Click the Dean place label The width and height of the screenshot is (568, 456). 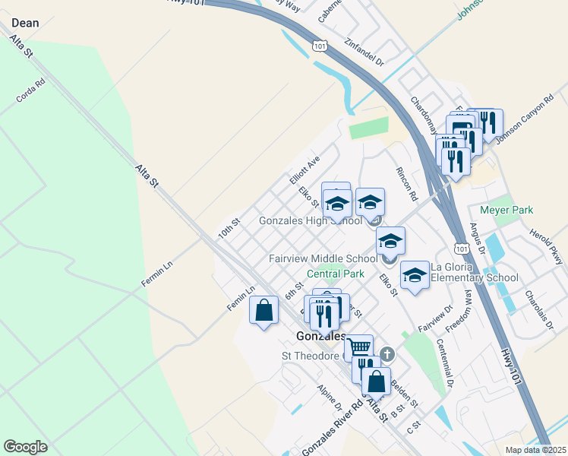point(25,23)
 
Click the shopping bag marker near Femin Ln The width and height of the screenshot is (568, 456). point(263,311)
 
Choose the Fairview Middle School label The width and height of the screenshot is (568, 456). point(322,258)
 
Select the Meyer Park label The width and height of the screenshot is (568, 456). point(506,210)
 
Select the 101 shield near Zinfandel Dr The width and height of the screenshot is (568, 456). point(320,47)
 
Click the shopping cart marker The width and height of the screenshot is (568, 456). point(358,347)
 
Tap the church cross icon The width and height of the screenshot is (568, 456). point(387,353)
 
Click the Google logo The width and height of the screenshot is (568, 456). point(25,446)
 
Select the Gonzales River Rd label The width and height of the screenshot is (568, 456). point(327,430)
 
